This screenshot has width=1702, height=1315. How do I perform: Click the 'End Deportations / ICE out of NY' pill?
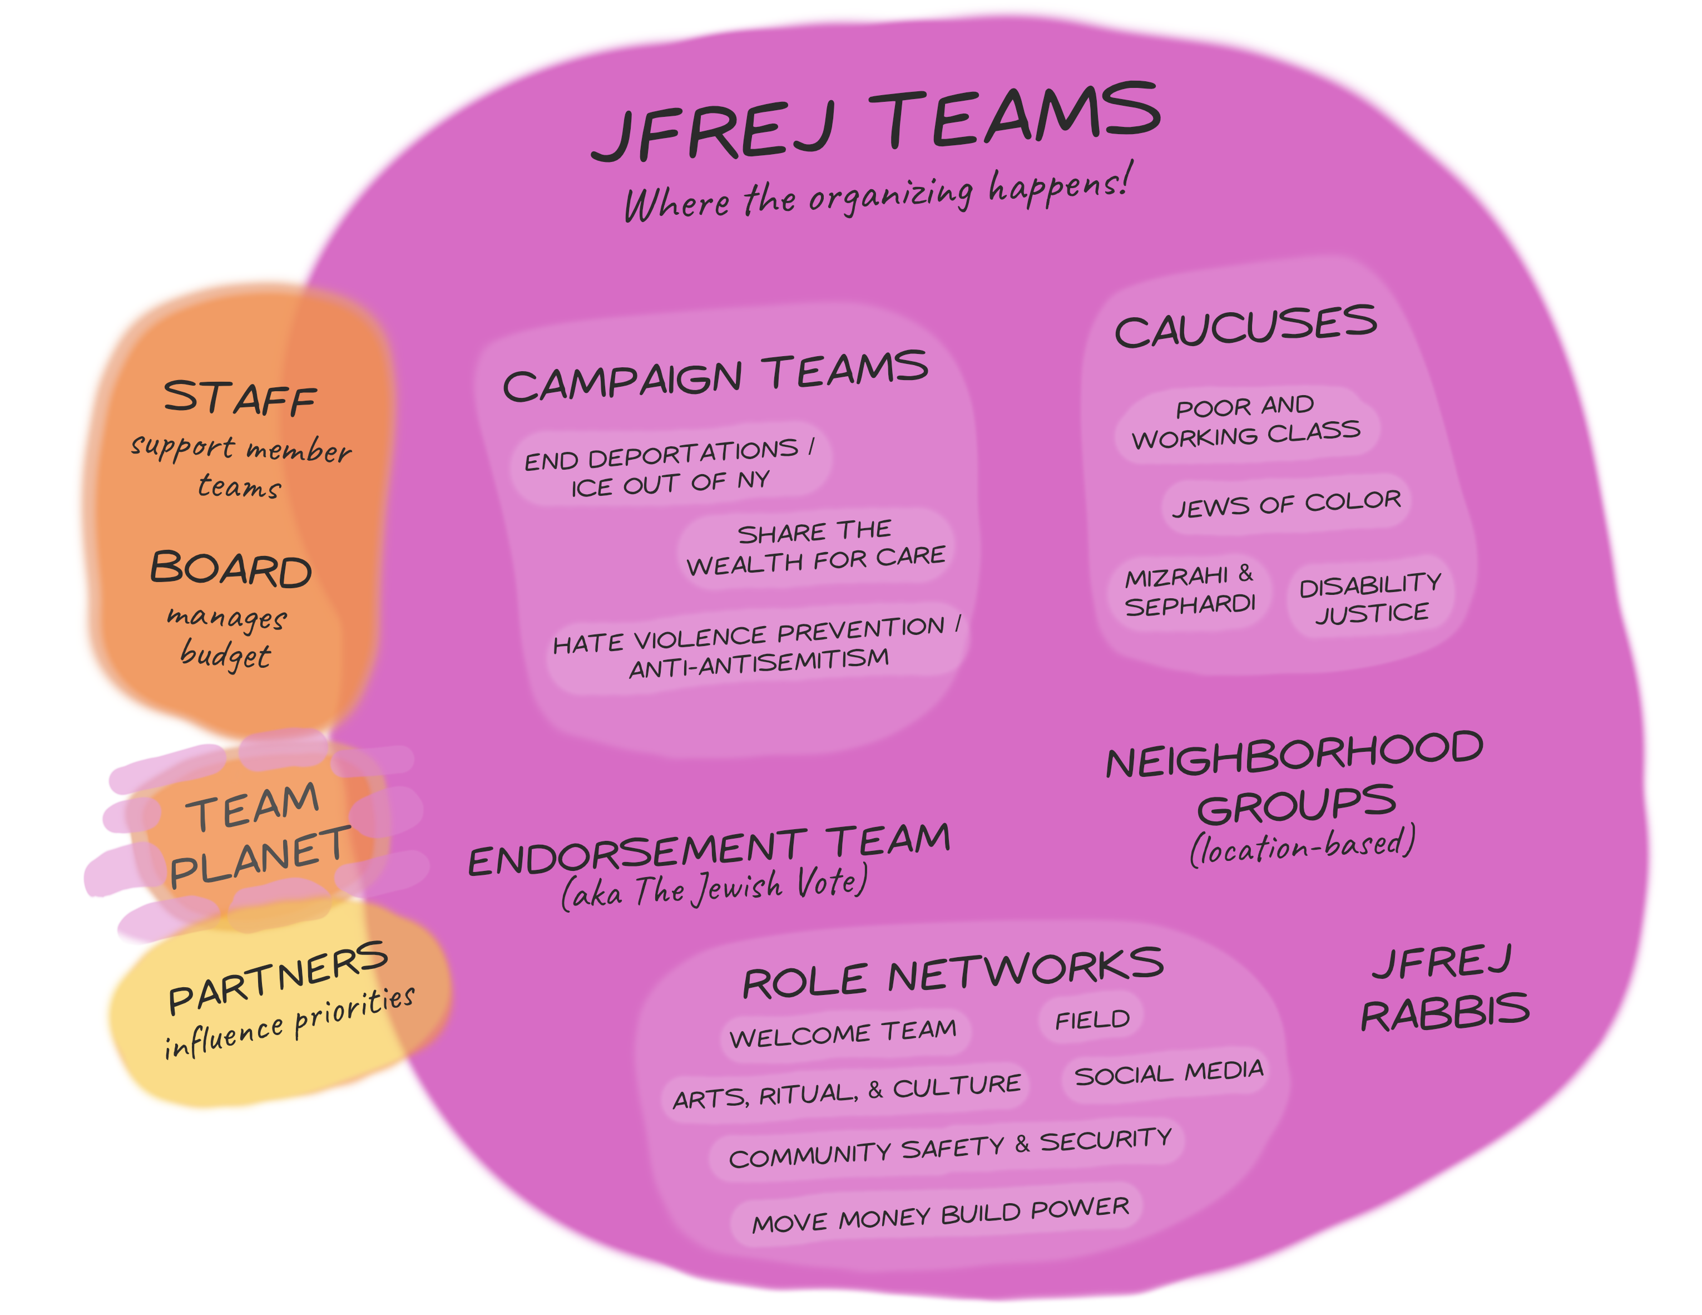tap(670, 466)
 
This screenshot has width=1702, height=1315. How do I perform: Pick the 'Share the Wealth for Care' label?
tap(815, 547)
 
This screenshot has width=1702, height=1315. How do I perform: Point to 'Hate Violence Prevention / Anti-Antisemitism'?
tap(756, 647)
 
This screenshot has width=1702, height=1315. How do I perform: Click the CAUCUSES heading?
tap(1245, 326)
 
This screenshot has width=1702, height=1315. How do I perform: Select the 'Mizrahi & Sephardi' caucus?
tap(1189, 591)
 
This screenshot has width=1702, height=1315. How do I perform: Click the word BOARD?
tap(231, 569)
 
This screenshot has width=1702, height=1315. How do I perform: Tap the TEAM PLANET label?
tap(257, 834)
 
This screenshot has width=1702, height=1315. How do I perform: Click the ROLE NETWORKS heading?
tap(952, 973)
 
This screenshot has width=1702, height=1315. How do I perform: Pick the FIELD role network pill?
tap(1092, 1020)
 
